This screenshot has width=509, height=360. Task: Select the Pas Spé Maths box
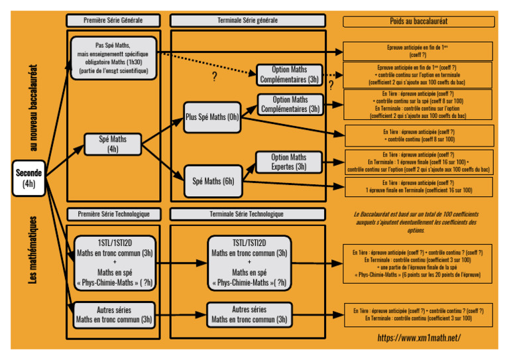coord(113,58)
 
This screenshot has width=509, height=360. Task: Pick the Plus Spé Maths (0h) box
coord(212,117)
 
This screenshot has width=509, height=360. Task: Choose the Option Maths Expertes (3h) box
coord(289,162)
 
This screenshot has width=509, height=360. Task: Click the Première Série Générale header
coord(113,21)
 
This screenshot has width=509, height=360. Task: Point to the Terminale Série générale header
coord(248,21)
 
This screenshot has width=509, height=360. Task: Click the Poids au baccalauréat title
coord(419,21)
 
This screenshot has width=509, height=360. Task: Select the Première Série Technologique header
coord(113,214)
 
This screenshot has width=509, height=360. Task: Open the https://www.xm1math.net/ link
coord(419,337)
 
